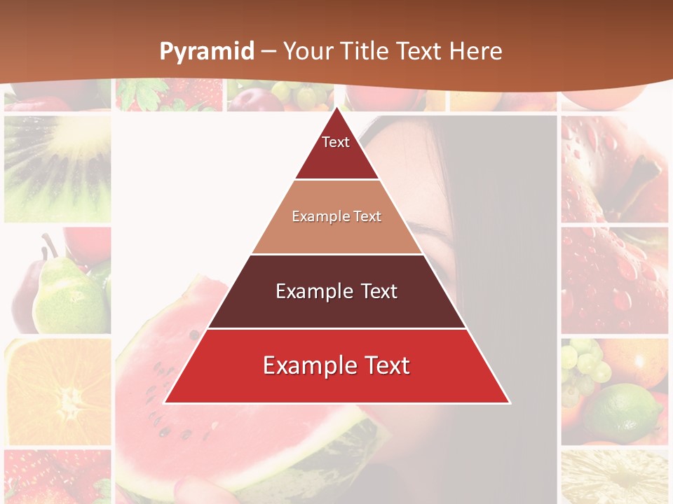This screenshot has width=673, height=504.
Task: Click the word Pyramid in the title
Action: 206,52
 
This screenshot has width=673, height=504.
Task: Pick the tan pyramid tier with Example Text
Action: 336,217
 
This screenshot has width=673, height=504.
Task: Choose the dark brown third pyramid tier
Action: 336,291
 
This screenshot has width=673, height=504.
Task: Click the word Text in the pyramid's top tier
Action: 336,142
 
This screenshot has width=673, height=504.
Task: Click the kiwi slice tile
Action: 57,168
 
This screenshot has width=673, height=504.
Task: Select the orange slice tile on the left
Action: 57,392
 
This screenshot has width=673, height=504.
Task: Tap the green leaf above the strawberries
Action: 140,91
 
